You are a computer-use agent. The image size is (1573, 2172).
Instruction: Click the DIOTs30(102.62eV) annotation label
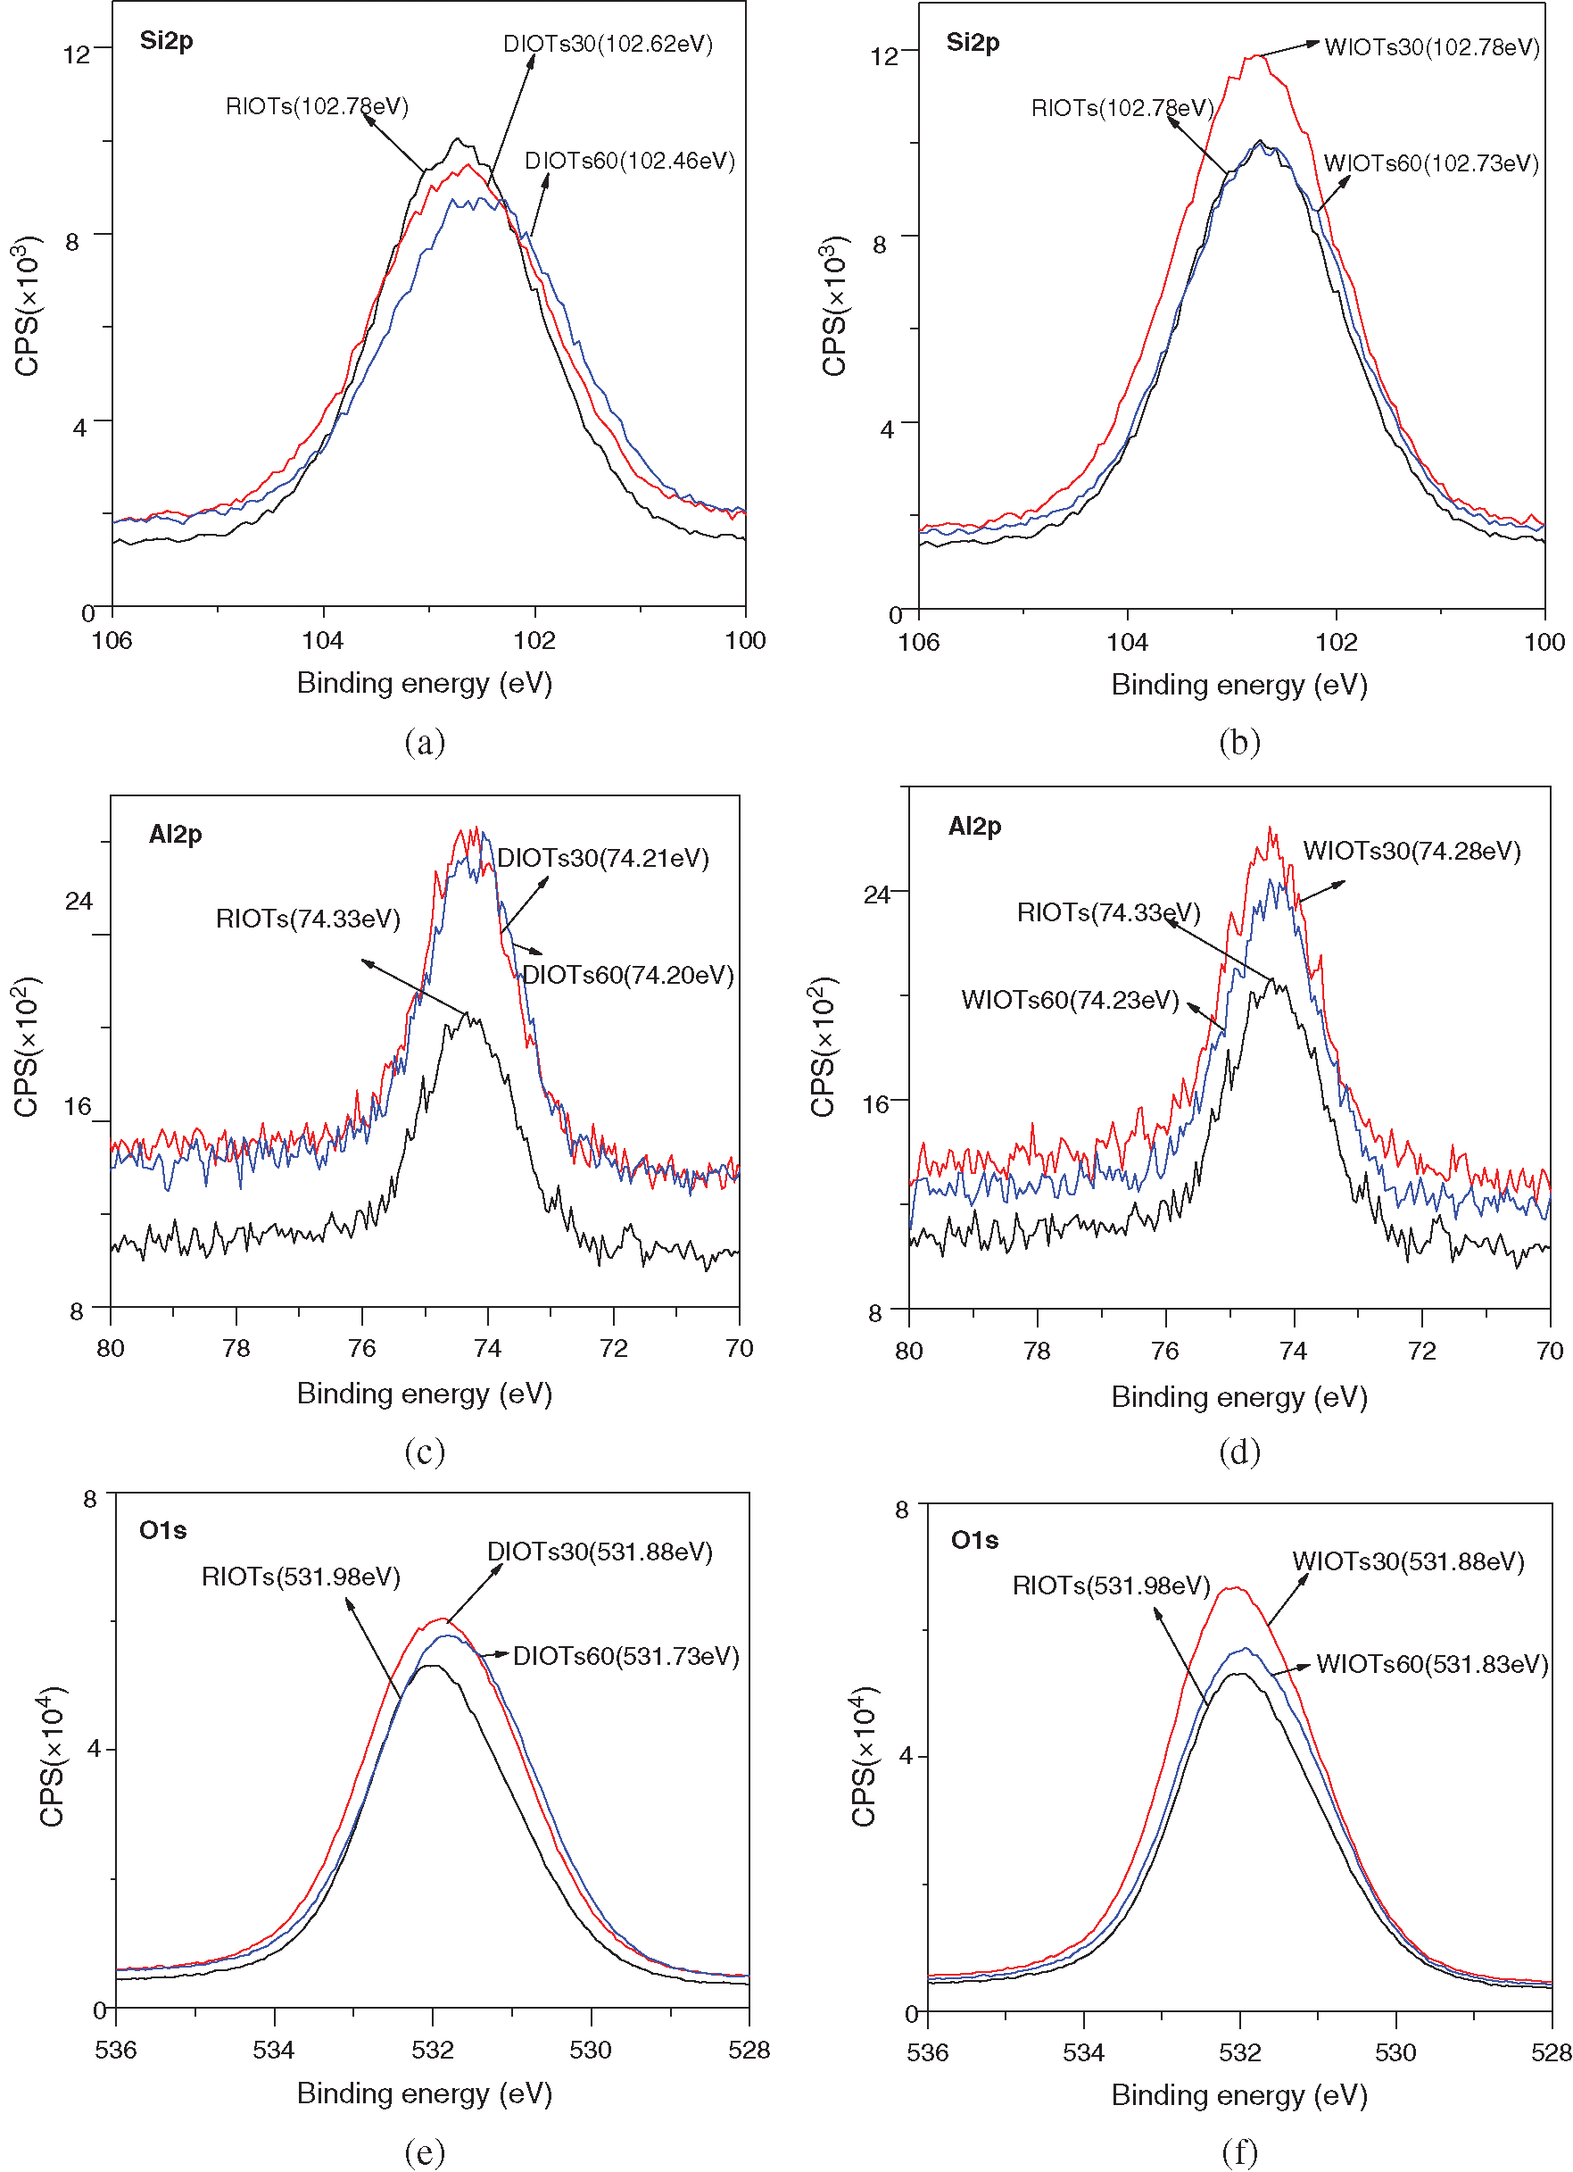coord(608,44)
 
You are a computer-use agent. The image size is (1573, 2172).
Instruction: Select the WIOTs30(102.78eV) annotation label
coord(1431,47)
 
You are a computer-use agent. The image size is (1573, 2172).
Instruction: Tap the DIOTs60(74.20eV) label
coord(628,975)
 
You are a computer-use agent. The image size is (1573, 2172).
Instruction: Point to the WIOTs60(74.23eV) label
coord(1070,1000)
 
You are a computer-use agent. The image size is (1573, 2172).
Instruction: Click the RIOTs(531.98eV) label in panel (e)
coord(301,1577)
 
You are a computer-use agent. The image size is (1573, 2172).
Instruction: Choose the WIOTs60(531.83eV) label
coord(1431,1663)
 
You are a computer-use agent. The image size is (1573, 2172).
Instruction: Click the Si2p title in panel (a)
coord(167,40)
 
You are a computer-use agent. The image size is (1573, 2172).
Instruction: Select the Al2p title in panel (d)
coord(974,826)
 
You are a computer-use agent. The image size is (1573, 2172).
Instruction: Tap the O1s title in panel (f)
coord(974,1540)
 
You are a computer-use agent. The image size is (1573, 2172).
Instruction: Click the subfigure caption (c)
coord(424,1452)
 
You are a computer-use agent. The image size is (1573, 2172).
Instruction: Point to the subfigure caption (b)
coord(1239,742)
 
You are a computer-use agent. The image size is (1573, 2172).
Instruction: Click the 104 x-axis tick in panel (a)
coord(323,640)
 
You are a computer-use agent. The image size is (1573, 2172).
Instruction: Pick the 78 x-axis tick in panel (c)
coord(236,1348)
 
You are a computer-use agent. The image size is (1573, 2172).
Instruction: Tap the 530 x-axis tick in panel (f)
coord(1395,2052)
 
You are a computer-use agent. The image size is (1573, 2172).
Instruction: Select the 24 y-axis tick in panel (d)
coord(877,895)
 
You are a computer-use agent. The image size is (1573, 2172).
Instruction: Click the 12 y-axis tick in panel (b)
coord(883,55)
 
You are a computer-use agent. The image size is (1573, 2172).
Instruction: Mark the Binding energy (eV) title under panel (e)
coord(424,2093)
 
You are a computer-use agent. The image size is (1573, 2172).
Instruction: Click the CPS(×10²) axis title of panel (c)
coord(26,1047)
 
